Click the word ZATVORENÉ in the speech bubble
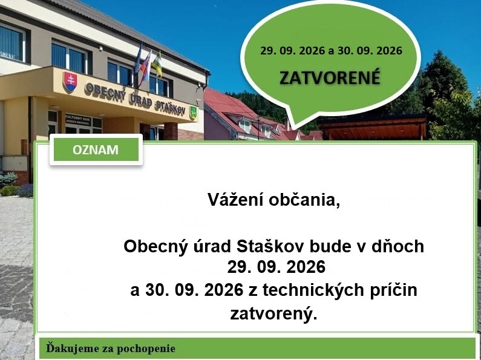click(330, 77)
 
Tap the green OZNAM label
click(96, 149)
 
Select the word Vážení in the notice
click(235, 200)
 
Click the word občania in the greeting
click(304, 200)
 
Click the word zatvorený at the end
click(273, 313)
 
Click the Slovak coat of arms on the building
click(70, 82)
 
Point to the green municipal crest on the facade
click(193, 113)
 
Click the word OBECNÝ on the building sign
click(105, 92)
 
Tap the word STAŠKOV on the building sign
click(170, 106)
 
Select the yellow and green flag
click(157, 64)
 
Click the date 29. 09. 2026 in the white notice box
click(276, 267)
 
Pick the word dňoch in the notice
click(398, 246)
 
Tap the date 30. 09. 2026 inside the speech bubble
click(370, 51)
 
